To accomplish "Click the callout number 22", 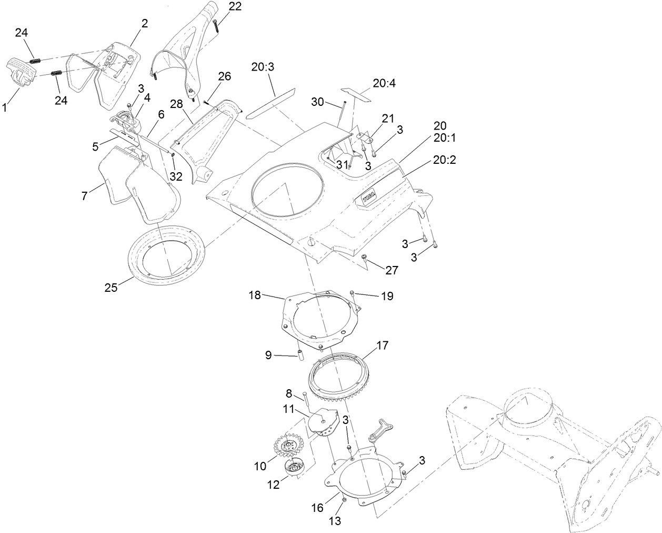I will [x=236, y=7].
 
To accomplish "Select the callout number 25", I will [x=111, y=288].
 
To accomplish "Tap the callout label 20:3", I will [x=263, y=67].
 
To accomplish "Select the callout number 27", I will [x=392, y=270].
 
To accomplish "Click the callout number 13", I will [x=335, y=521].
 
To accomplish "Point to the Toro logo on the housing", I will [x=374, y=198].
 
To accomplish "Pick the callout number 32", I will [x=176, y=176].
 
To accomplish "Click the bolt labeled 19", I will [x=352, y=293].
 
